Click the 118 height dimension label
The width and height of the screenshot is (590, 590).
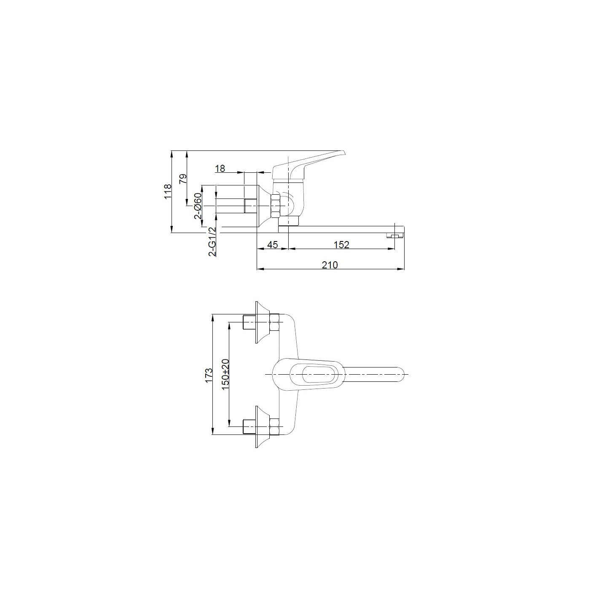[x=167, y=192]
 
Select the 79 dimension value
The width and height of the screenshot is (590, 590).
[x=182, y=179]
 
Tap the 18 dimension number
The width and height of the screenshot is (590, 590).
[x=220, y=169]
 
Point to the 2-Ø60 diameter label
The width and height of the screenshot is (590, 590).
[x=198, y=206]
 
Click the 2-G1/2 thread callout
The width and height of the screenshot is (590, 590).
[x=212, y=242]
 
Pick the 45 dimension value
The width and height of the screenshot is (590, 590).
[x=273, y=244]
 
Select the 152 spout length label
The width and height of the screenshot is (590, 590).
[x=341, y=244]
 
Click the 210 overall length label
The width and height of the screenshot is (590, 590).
[x=330, y=265]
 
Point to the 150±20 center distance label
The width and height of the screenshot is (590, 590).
[x=225, y=375]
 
